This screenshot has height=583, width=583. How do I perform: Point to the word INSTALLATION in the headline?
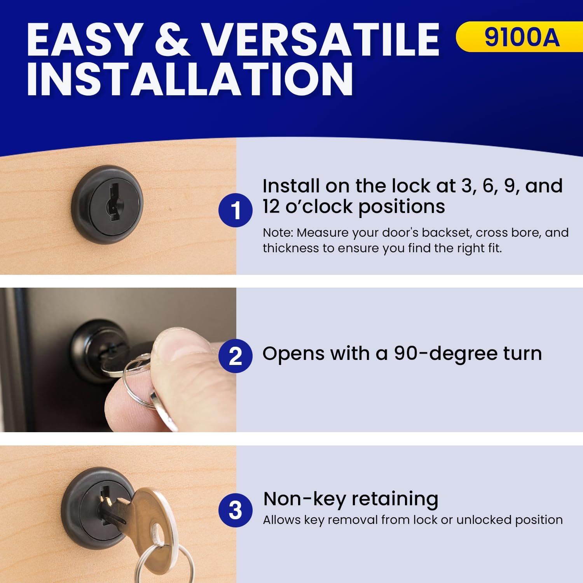click(x=190, y=79)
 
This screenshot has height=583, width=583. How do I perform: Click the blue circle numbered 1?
click(x=236, y=210)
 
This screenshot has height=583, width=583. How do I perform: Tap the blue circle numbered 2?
click(x=236, y=356)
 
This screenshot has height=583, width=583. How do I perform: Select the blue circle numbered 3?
click(x=236, y=510)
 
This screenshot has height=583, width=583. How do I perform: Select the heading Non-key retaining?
click(x=351, y=499)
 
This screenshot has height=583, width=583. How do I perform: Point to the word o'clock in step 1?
click(x=320, y=206)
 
